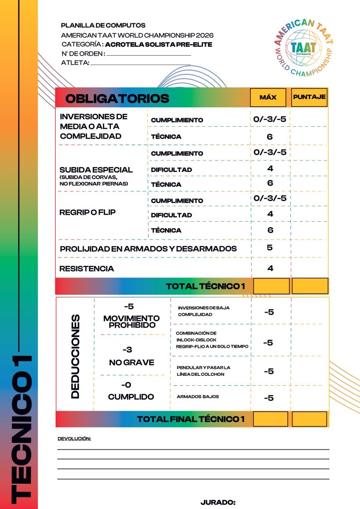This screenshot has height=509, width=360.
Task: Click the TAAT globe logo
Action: click(303, 46)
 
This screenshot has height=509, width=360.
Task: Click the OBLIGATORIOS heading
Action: click(117, 98)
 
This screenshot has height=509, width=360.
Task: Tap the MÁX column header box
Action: click(268, 97)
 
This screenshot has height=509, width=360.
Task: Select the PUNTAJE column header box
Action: click(309, 97)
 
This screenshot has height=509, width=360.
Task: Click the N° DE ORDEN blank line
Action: click(149, 54)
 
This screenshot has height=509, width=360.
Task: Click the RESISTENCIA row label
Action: click(87, 269)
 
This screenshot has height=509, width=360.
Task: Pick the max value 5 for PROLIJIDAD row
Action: click(270, 247)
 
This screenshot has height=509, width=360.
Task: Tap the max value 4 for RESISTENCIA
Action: click(270, 268)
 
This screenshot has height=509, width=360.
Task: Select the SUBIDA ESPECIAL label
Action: click(96, 170)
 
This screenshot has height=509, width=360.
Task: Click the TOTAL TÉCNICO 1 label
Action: click(206, 286)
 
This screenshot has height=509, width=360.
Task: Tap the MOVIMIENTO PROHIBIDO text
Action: click(132, 321)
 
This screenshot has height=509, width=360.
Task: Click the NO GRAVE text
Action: click(132, 363)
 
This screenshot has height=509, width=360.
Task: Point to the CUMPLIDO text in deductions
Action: click(132, 397)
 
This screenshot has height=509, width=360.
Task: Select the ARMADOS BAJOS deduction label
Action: click(198, 397)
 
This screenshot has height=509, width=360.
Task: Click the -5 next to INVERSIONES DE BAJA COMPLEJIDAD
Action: click(269, 312)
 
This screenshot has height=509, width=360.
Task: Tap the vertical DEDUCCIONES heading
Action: click(75, 356)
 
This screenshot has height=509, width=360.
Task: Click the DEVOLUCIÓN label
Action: click(75, 439)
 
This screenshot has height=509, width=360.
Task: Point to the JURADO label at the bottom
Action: click(218, 503)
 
